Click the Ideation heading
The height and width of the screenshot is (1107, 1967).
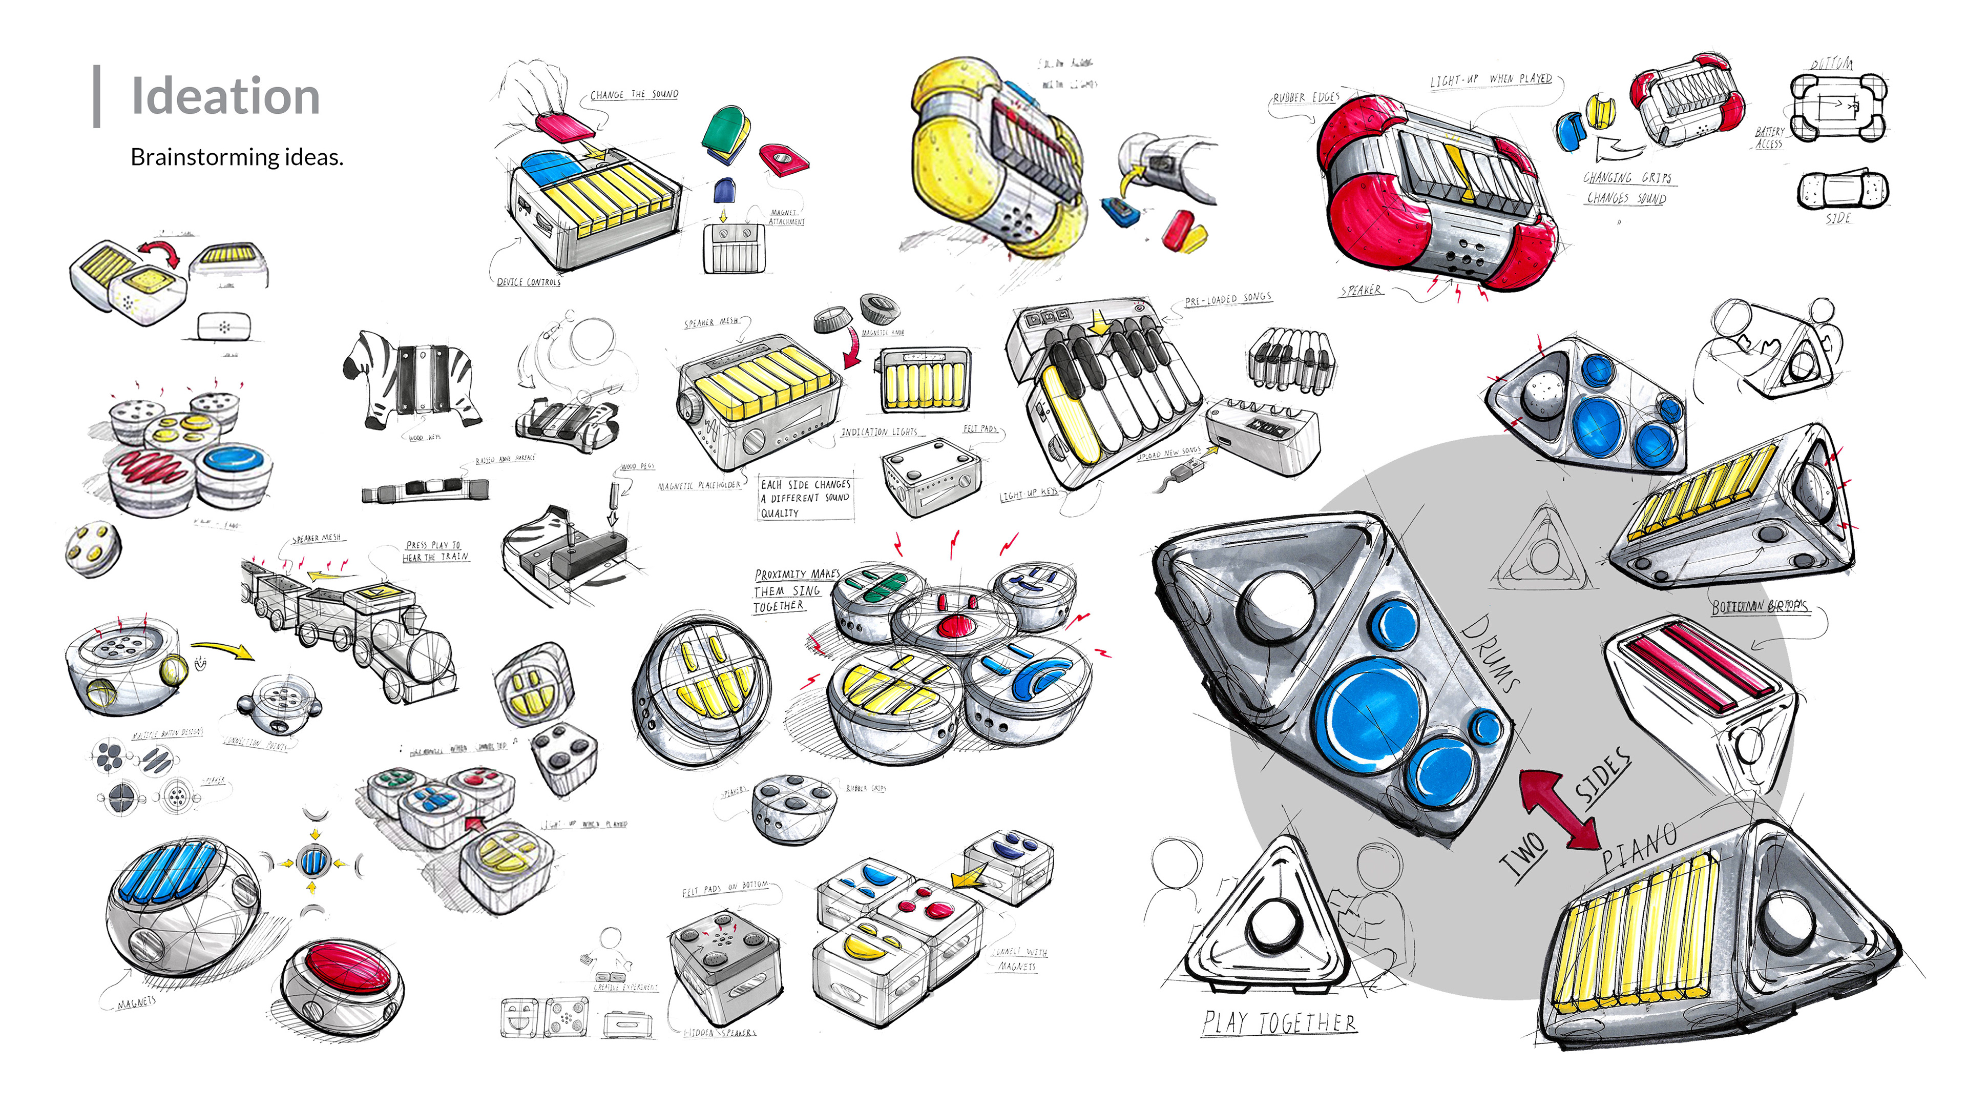click(225, 96)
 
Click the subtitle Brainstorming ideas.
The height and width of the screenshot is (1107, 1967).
click(237, 157)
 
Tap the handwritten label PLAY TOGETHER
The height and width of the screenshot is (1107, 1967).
click(1279, 1022)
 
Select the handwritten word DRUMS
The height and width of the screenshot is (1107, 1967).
click(1490, 653)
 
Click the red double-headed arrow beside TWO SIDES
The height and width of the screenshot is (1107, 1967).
click(1558, 810)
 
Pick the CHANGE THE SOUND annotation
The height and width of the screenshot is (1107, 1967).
click(634, 95)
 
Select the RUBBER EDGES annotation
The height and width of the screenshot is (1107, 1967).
click(1306, 98)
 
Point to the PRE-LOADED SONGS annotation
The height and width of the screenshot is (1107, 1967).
click(1228, 299)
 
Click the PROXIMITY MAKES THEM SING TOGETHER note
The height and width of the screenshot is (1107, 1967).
click(794, 590)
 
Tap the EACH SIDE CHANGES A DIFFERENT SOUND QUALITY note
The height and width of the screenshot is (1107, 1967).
click(806, 498)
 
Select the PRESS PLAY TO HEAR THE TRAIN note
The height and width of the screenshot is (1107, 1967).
click(435, 551)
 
